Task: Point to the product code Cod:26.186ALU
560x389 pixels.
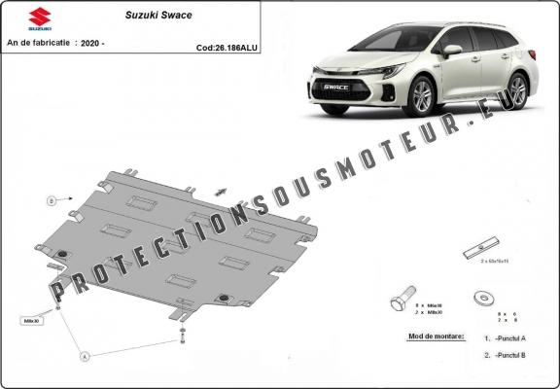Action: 227,46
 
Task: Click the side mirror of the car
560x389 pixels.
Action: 451,50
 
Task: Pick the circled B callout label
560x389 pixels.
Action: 51,201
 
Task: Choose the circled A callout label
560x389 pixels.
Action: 85,357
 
